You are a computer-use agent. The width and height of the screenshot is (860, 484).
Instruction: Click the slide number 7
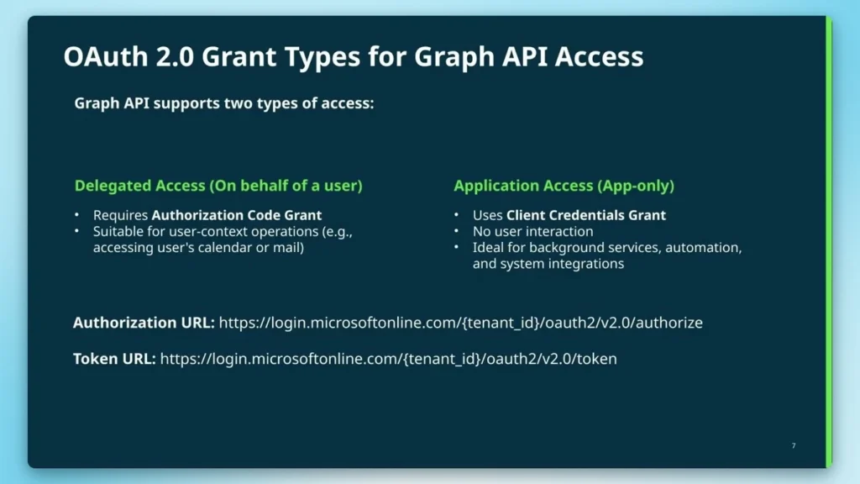coord(794,445)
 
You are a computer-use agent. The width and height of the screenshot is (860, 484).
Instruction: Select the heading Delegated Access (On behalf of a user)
coord(218,186)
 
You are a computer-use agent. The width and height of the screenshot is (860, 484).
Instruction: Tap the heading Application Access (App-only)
coord(564,186)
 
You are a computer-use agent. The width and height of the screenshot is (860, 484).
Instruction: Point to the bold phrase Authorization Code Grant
coord(237,215)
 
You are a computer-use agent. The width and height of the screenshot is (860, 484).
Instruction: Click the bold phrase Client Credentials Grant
coord(586,215)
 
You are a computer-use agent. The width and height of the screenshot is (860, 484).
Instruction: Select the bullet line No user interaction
coord(532,231)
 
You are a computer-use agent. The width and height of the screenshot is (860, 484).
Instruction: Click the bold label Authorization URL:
coord(144,323)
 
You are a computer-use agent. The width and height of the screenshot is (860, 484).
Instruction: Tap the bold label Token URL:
coord(114,359)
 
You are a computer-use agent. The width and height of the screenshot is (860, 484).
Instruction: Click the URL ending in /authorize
coord(460,323)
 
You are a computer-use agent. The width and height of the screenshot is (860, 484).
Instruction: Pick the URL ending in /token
coord(388,359)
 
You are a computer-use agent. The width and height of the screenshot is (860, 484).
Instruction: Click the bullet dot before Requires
coord(77,216)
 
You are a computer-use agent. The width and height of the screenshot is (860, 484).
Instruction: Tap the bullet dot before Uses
coord(456,216)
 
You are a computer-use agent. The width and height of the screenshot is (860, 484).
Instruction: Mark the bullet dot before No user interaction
coord(456,232)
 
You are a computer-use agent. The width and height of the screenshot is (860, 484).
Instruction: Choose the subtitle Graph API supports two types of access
coord(224,103)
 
